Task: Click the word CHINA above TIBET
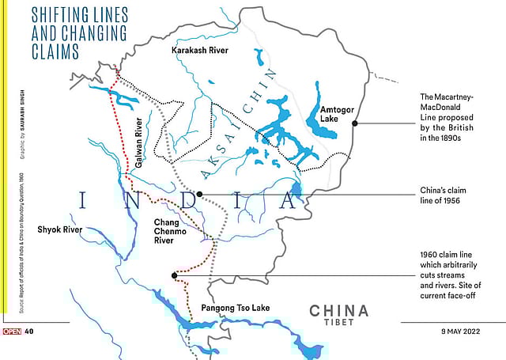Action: click(x=338, y=309)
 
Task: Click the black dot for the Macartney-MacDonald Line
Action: click(x=355, y=123)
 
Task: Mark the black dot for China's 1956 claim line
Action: click(x=199, y=194)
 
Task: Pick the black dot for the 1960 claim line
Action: click(x=174, y=275)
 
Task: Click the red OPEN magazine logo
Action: click(x=11, y=332)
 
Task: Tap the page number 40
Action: click(x=28, y=332)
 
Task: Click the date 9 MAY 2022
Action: click(x=462, y=332)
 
